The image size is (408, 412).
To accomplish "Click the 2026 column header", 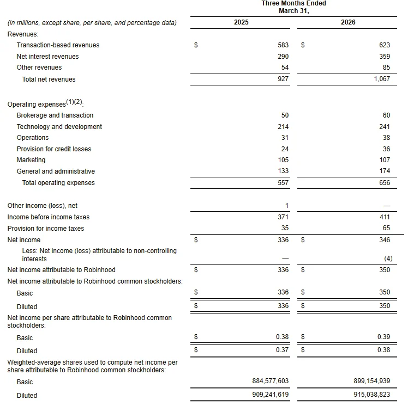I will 348,22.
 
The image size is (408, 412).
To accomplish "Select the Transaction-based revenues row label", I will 58,45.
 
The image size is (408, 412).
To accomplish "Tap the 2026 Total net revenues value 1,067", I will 381,79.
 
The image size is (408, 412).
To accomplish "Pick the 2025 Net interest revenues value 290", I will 283,57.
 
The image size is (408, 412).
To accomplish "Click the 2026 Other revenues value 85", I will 386,67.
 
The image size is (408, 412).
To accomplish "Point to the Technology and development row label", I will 59,127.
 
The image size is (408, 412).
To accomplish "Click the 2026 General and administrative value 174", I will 385,171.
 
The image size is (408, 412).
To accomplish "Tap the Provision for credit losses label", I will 54,149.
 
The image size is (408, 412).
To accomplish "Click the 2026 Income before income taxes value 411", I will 385,217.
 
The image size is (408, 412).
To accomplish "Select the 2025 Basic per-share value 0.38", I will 282,337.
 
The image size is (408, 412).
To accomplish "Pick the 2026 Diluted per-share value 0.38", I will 383,350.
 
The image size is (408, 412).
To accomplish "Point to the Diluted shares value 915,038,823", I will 371,395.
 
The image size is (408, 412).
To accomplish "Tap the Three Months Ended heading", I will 293,4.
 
